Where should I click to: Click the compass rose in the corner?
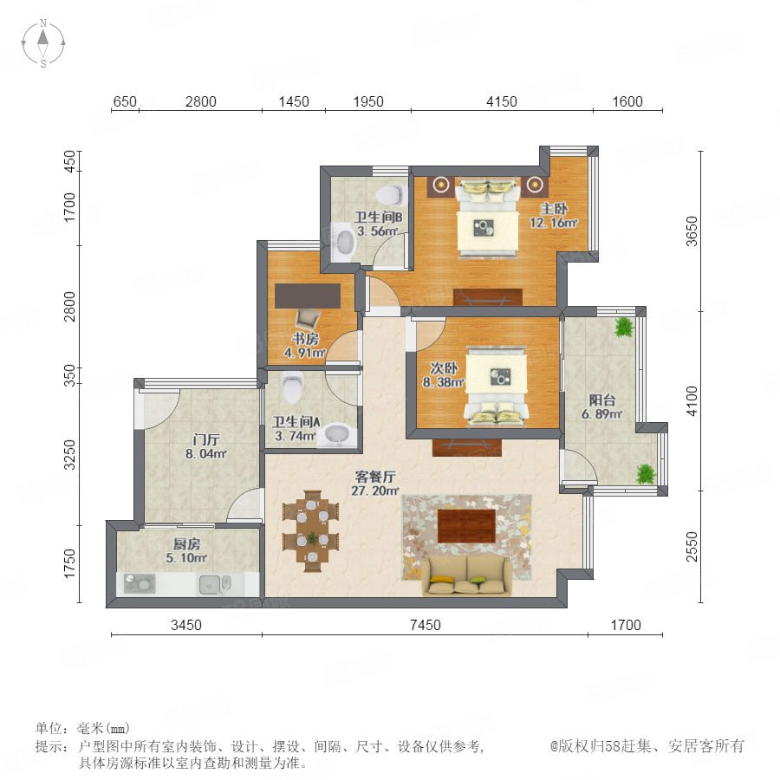pyautogui.click(x=43, y=42)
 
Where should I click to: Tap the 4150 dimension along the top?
pyautogui.click(x=502, y=101)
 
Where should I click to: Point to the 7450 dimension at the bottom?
pyautogui.click(x=426, y=625)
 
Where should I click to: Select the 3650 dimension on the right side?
pyautogui.click(x=692, y=231)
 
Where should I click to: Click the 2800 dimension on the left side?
pyautogui.click(x=70, y=307)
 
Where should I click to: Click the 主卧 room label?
pyautogui.click(x=554, y=208)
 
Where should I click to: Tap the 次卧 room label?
pyautogui.click(x=444, y=368)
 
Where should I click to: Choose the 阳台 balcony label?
pyautogui.click(x=602, y=400)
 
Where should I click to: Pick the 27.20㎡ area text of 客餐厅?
pyautogui.click(x=375, y=491)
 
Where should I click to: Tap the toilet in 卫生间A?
pyautogui.click(x=292, y=388)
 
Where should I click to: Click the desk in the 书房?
pyautogui.click(x=308, y=296)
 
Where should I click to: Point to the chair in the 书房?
pyautogui.click(x=308, y=318)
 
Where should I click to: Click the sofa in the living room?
pyautogui.click(x=467, y=575)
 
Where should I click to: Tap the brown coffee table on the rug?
pyautogui.click(x=466, y=526)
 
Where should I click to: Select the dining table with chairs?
pyautogui.click(x=311, y=531)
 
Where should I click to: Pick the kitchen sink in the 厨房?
pyautogui.click(x=215, y=584)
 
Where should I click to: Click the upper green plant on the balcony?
pyautogui.click(x=624, y=328)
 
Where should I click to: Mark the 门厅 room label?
pyautogui.click(x=206, y=439)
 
